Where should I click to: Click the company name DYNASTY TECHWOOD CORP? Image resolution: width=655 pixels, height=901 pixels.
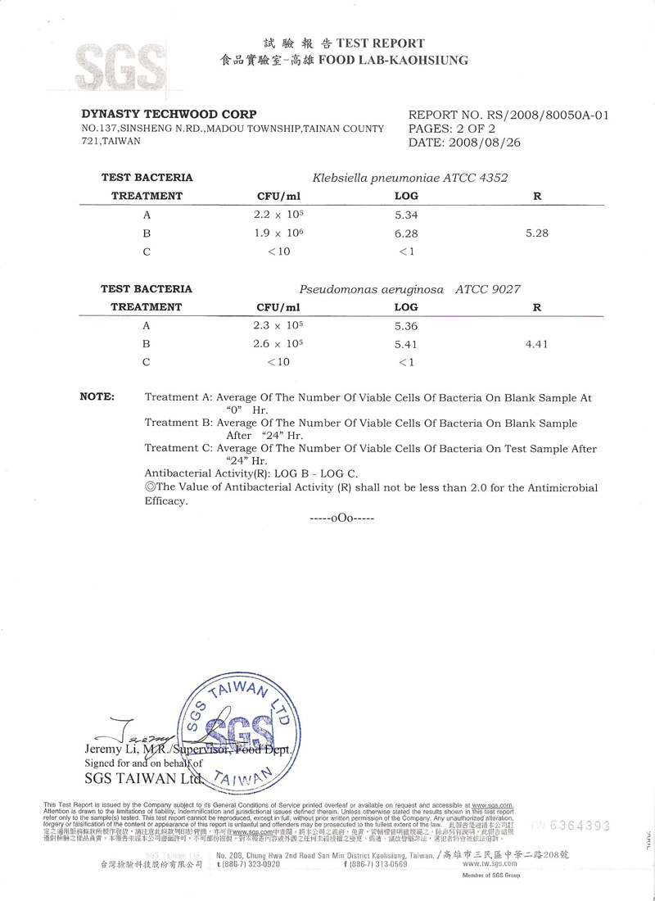tap(169, 114)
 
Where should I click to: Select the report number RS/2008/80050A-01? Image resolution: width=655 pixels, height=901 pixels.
tap(538, 115)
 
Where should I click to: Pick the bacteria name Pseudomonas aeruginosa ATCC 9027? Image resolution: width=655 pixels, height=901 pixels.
tap(410, 289)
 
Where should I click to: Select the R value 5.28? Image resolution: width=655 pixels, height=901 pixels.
tap(536, 233)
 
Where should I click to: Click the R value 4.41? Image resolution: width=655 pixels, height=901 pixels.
tap(536, 345)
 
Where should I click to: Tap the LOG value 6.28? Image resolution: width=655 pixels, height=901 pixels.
tap(406, 233)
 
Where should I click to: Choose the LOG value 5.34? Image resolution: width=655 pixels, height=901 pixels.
tap(406, 215)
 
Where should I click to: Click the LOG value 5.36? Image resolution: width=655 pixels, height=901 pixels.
tap(406, 326)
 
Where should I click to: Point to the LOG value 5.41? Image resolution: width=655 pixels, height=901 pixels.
tap(406, 345)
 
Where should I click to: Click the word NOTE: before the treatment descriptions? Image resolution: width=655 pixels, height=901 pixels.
tap(97, 396)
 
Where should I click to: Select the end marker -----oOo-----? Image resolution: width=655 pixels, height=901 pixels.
tap(341, 519)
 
